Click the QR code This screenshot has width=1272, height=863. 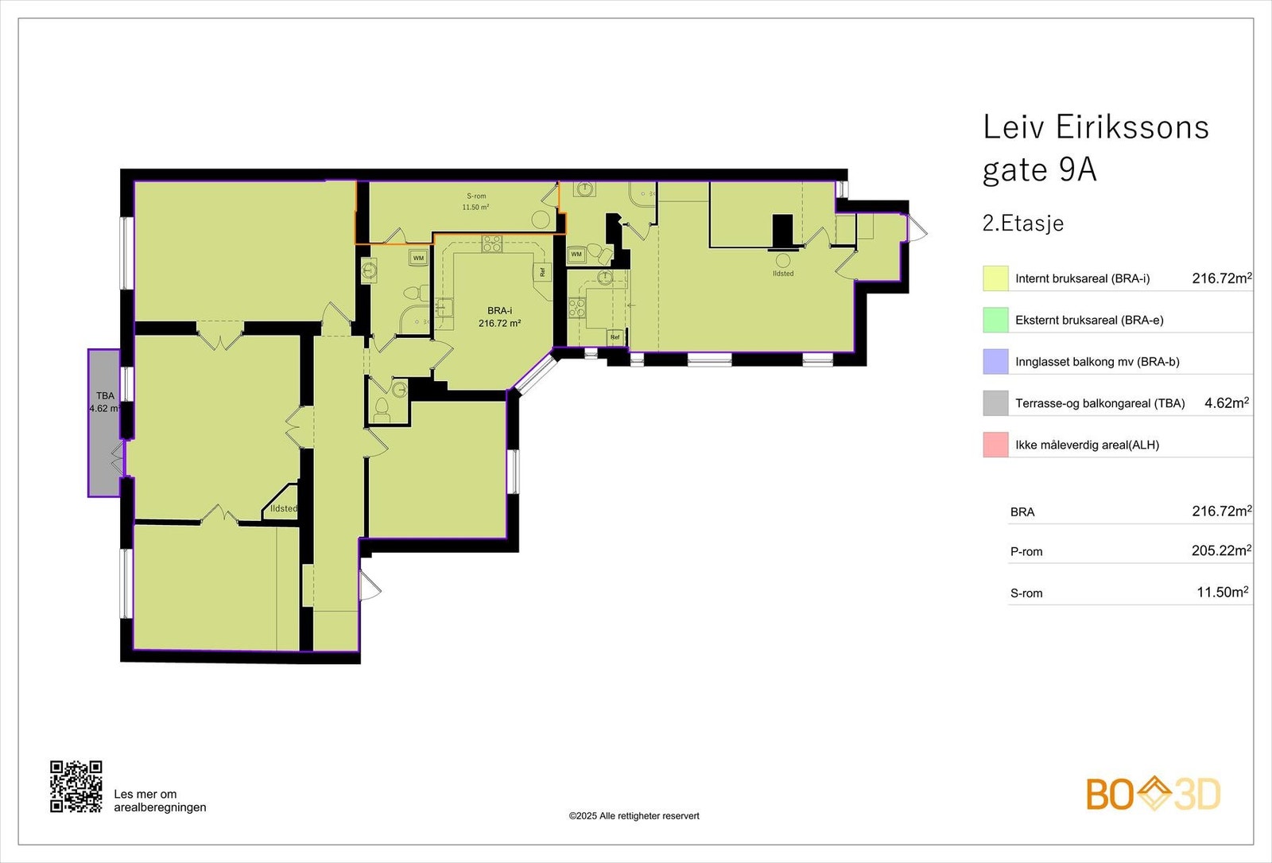point(76,787)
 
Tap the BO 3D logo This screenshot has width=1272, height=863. point(1153,794)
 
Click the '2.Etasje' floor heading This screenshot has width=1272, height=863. point(1022,224)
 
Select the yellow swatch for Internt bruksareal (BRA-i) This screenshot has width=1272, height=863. point(995,278)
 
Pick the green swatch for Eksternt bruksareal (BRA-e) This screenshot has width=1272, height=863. point(995,320)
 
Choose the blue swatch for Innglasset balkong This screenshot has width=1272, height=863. point(995,362)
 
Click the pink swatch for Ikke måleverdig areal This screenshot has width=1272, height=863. point(995,445)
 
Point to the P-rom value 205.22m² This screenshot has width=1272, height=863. point(1220,550)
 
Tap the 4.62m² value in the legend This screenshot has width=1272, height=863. point(1226,403)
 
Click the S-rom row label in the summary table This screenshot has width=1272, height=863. point(1026,593)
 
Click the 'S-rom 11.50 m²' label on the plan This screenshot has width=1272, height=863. point(475,202)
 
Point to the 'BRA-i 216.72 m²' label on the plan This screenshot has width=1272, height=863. point(499,317)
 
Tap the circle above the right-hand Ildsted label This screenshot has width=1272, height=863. point(783,260)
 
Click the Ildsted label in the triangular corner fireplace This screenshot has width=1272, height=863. point(284,509)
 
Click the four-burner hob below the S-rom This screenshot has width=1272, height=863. point(492,243)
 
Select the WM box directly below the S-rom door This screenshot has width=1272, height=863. point(418,258)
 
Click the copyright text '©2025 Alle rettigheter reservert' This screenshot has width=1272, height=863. point(634,816)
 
